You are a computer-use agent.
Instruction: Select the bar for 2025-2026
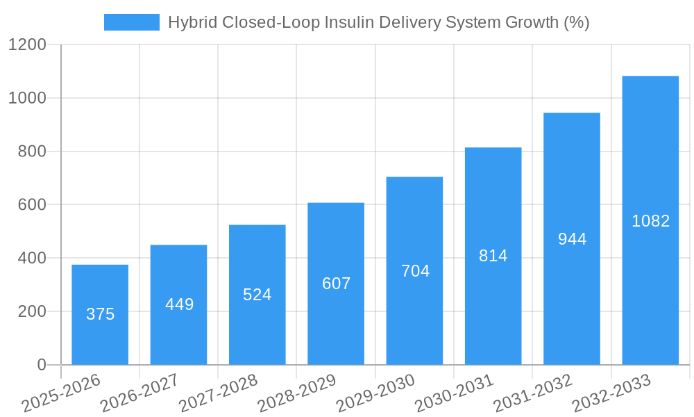pos(100,314)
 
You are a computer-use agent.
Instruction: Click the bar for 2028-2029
pos(336,284)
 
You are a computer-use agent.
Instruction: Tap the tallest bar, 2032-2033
pos(650,220)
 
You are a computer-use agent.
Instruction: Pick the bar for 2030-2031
pos(493,256)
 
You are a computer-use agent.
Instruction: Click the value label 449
pos(179,304)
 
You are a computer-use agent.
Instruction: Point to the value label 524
pos(257,295)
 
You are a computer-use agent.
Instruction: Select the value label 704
pos(415,271)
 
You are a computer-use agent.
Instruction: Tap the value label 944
pos(572,239)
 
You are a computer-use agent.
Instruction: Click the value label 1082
pos(650,221)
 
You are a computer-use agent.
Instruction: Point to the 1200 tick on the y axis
pos(27,45)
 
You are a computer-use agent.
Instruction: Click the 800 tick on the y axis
pos(32,152)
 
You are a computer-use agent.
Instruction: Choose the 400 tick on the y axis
pos(32,259)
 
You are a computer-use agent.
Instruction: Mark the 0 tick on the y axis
pos(41,365)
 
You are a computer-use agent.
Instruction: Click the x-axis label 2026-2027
pos(139,393)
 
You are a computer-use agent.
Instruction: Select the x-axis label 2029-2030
pos(375,393)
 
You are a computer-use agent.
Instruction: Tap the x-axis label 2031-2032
pos(533,393)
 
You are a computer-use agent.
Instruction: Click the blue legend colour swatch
pos(131,22)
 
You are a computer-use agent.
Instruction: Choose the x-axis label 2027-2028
pos(218,393)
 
